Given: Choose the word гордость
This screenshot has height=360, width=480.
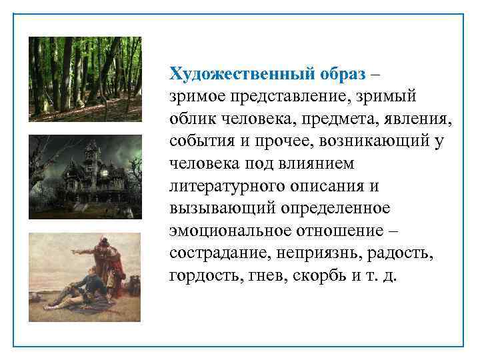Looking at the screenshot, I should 198,277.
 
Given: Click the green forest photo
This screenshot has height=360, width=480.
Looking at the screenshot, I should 85,78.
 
